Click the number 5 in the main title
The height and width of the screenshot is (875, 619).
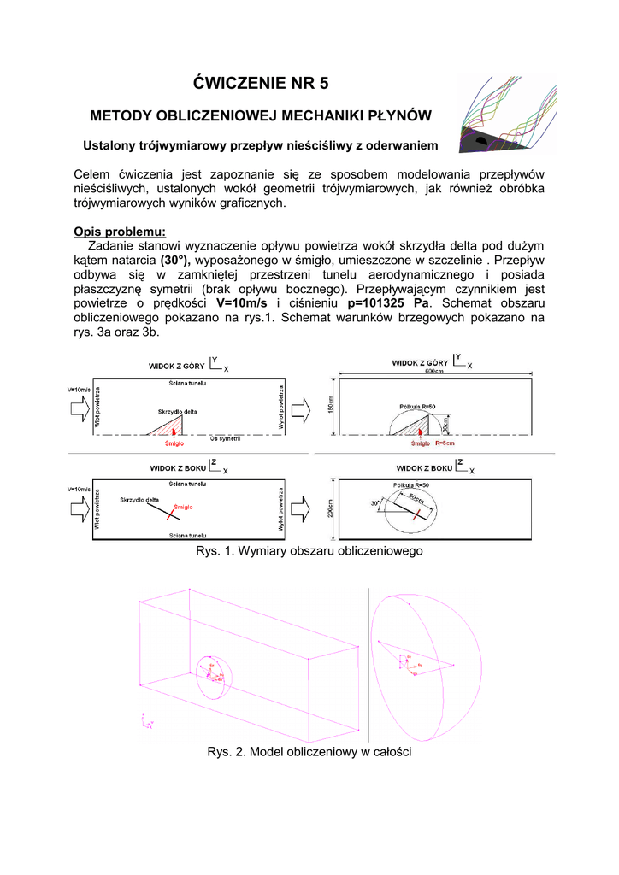click(322, 83)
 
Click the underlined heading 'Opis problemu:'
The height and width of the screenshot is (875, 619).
click(120, 232)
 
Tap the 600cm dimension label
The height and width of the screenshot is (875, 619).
click(438, 373)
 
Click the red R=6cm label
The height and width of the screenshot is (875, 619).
click(445, 444)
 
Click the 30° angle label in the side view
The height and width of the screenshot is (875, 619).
click(374, 503)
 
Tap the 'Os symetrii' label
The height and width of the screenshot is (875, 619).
click(225, 438)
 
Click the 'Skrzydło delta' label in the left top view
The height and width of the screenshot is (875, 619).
click(177, 412)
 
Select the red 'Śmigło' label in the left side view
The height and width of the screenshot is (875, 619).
click(184, 508)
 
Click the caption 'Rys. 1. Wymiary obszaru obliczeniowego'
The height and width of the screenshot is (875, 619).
click(309, 551)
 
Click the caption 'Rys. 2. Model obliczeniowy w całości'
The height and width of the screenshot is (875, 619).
click(309, 752)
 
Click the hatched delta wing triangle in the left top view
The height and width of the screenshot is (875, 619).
click(174, 427)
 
